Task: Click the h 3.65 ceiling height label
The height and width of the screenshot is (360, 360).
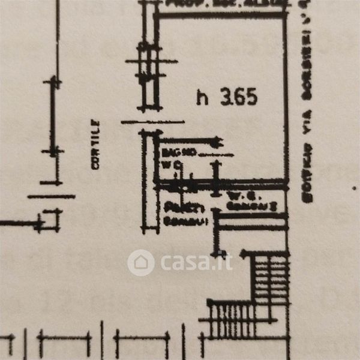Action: click(227, 97)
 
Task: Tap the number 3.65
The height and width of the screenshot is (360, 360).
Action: click(239, 97)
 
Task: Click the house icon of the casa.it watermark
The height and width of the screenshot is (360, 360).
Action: click(141, 262)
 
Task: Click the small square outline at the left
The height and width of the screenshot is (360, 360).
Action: click(52, 220)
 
